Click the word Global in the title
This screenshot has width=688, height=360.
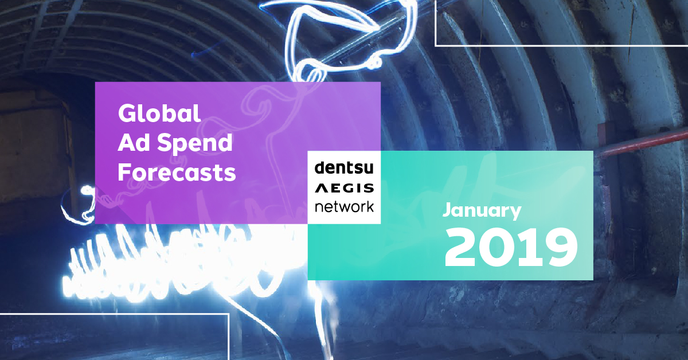(x=159, y=114)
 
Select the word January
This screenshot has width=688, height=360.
(x=482, y=211)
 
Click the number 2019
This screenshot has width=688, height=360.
(x=510, y=248)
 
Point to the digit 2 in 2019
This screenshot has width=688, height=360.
(x=462, y=248)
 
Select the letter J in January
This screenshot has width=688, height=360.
(x=447, y=211)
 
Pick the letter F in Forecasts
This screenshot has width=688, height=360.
(x=124, y=172)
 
